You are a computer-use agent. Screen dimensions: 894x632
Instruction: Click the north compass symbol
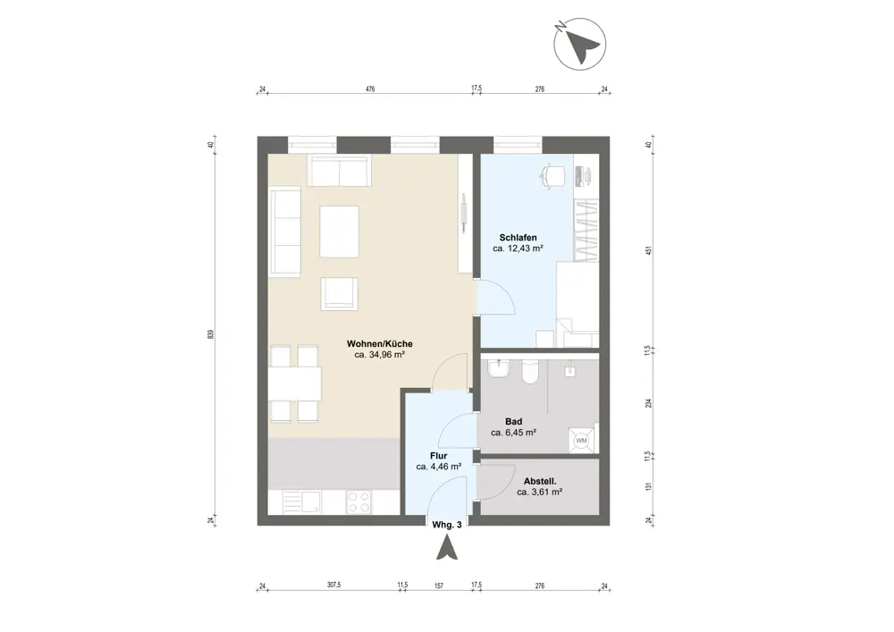point(580,45)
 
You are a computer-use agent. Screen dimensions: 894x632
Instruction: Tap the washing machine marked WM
point(581,441)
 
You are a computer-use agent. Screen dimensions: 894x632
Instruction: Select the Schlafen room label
point(518,238)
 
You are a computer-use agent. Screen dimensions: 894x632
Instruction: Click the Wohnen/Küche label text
point(380,344)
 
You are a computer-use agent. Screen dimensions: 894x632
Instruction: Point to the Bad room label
point(514,422)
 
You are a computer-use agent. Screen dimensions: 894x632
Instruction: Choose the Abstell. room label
point(540,482)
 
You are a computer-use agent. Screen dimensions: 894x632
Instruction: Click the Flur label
point(438,456)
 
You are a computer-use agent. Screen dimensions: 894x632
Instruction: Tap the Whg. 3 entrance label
point(447,526)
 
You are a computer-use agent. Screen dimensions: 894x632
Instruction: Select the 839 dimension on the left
point(210,334)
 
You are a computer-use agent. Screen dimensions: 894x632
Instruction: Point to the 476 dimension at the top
point(370,88)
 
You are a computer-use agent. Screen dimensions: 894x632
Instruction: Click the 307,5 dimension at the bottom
point(333,586)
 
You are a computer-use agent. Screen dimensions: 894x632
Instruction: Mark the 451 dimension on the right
point(647,251)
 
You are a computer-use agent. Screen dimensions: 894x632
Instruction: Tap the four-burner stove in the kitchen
point(358,502)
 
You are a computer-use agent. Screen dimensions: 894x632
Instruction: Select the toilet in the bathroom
point(529,371)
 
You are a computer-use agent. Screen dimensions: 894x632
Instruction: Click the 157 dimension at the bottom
point(438,586)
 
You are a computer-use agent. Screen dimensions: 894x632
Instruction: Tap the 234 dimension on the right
point(647,403)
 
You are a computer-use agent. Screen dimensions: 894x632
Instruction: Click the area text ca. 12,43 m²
point(518,249)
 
